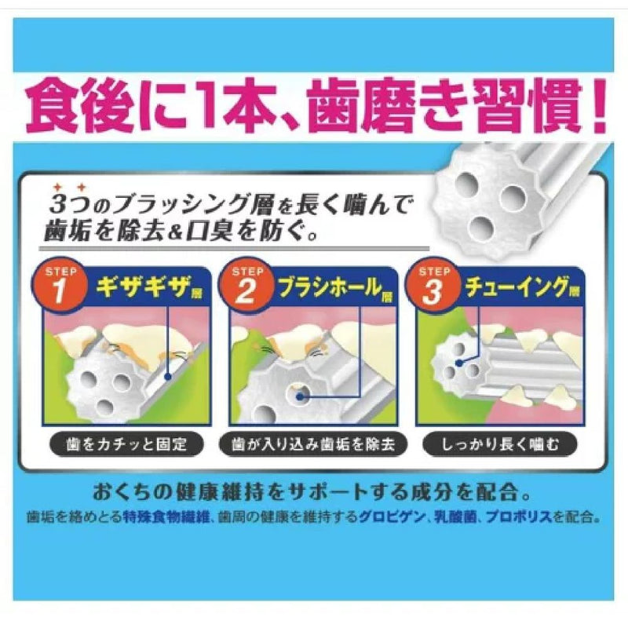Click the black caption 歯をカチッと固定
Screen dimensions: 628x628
(126, 444)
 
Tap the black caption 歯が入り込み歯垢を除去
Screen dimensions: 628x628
(313, 444)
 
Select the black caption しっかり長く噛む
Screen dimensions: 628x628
(500, 444)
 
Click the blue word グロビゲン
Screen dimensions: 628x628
(392, 517)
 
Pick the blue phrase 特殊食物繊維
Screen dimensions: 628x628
(166, 517)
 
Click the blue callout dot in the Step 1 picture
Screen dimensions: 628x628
(168, 377)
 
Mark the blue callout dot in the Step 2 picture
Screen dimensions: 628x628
(300, 397)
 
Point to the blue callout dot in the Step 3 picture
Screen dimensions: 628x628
(459, 363)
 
